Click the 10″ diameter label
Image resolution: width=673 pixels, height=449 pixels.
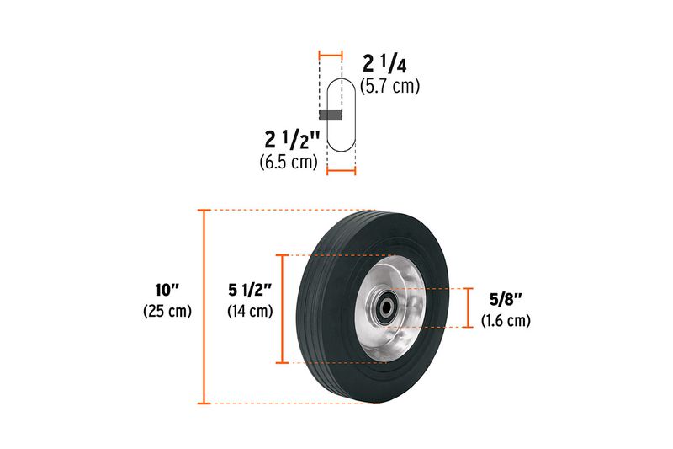pyautogui.click(x=167, y=290)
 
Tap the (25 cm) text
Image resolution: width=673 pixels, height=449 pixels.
pyautogui.click(x=167, y=311)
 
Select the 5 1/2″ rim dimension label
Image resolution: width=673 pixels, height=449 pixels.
pyautogui.click(x=250, y=290)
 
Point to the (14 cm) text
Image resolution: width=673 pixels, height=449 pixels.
pyautogui.click(x=250, y=311)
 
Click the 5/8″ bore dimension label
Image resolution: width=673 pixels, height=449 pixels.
pyautogui.click(x=506, y=300)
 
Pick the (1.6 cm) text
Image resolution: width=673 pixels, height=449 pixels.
pyautogui.click(x=506, y=320)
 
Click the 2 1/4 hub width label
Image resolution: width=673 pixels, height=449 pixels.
pyautogui.click(x=384, y=65)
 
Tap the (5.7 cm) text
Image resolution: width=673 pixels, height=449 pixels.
pyautogui.click(x=389, y=86)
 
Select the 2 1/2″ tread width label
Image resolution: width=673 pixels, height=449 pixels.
pyautogui.click(x=292, y=140)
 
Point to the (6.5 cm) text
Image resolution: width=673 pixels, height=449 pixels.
pyautogui.click(x=289, y=162)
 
